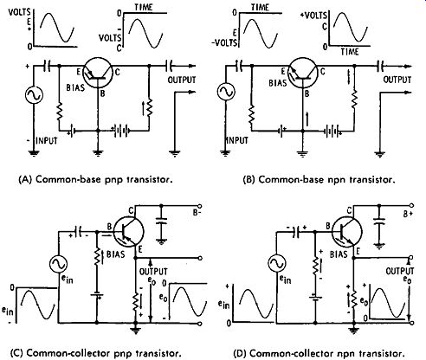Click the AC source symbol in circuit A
click(x=34, y=95)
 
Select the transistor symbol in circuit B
click(x=303, y=74)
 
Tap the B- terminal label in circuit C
click(x=197, y=213)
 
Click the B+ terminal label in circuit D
click(x=408, y=214)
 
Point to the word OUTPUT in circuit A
click(x=182, y=80)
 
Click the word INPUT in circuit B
click(x=236, y=140)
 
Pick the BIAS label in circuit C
click(x=115, y=254)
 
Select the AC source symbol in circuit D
click(x=276, y=264)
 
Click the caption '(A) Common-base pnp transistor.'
click(x=95, y=179)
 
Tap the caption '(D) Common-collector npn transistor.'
click(x=319, y=353)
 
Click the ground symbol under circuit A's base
click(x=98, y=153)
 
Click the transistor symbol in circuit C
click(x=128, y=232)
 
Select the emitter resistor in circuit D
click(x=353, y=299)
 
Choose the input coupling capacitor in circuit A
click(x=47, y=67)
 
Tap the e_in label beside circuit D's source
click(x=285, y=280)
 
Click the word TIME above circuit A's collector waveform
click(x=144, y=7)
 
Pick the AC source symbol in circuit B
click(x=226, y=92)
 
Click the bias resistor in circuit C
click(x=97, y=257)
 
